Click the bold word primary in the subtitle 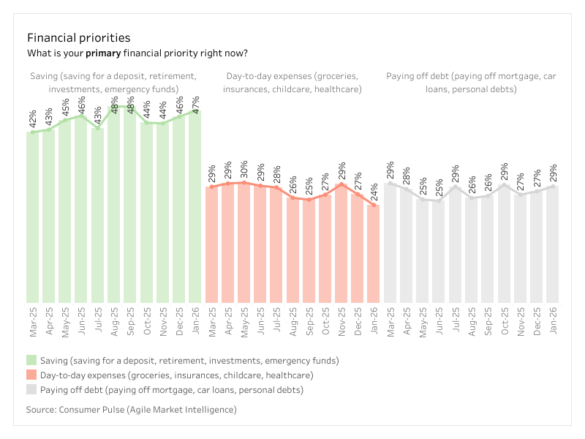click(103, 53)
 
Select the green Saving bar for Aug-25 click(114, 205)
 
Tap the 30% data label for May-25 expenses click(244, 171)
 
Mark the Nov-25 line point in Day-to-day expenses click(341, 185)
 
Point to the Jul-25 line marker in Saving click(98, 128)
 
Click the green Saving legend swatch click(31, 361)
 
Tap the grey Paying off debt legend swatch click(31, 390)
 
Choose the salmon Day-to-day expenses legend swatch click(31, 375)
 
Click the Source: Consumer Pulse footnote click(132, 410)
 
